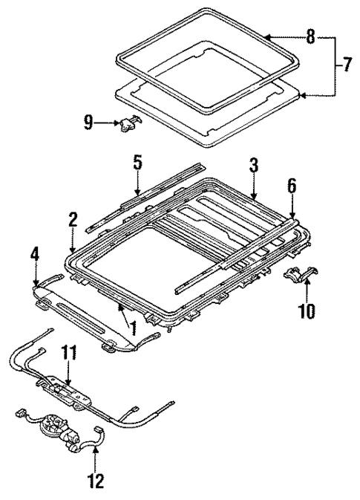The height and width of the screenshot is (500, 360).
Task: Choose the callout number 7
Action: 346,65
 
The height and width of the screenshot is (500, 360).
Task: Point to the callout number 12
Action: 94,481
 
